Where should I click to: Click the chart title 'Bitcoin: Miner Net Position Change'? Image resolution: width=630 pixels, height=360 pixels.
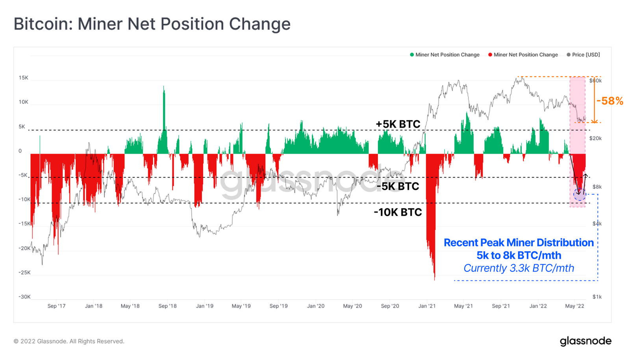pyautogui.click(x=152, y=24)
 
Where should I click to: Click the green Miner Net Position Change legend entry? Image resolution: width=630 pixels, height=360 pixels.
pyautogui.click(x=445, y=55)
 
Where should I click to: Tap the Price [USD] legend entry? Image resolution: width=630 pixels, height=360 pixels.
pyautogui.click(x=583, y=55)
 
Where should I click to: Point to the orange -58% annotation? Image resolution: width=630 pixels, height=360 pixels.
pyautogui.click(x=610, y=101)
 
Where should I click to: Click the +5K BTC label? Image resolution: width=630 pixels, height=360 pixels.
pyautogui.click(x=398, y=124)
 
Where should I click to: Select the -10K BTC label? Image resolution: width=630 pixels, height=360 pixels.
pyautogui.click(x=398, y=212)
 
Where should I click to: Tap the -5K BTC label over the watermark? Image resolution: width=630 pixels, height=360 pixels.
pyautogui.click(x=398, y=186)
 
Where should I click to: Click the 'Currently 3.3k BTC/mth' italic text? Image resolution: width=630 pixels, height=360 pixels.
pyautogui.click(x=519, y=268)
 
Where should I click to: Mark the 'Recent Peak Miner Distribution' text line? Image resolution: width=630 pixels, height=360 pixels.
pyautogui.click(x=519, y=243)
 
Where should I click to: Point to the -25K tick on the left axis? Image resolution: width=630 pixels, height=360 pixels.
pyautogui.click(x=24, y=273)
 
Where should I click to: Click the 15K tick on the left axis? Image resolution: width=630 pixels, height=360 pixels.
pyautogui.click(x=24, y=78)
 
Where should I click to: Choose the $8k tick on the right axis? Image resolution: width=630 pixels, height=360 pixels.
pyautogui.click(x=597, y=187)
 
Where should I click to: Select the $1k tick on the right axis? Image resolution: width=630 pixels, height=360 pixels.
pyautogui.click(x=597, y=297)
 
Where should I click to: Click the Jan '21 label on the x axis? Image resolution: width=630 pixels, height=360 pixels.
pyautogui.click(x=427, y=306)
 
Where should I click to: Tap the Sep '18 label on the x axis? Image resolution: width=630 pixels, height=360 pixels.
pyautogui.click(x=167, y=306)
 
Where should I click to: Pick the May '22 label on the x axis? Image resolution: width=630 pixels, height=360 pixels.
pyautogui.click(x=574, y=306)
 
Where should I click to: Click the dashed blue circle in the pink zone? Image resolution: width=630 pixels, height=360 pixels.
pyautogui.click(x=580, y=194)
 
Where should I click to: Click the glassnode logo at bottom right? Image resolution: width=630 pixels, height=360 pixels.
pyautogui.click(x=586, y=341)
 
